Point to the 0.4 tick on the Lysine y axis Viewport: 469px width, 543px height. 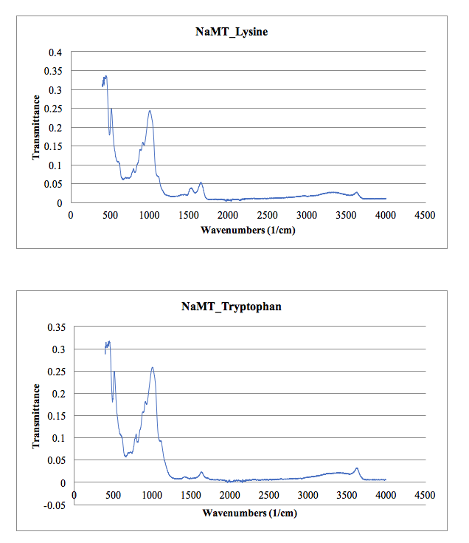(x=56, y=52)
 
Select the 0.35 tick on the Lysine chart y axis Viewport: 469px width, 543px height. (x=54, y=72)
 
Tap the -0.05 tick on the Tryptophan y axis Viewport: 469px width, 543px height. (x=52, y=505)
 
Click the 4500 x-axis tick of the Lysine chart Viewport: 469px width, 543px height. (x=424, y=215)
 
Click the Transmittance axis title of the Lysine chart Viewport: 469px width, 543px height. (x=36, y=127)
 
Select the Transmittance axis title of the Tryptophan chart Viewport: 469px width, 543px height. (x=36, y=416)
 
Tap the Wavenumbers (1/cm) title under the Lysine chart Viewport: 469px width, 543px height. (x=249, y=230)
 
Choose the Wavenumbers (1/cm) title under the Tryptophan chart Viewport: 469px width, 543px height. (x=249, y=511)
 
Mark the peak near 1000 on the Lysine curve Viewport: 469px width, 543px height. (x=150, y=111)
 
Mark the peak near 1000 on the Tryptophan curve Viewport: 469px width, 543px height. (x=152, y=367)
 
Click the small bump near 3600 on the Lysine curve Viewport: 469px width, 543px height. (x=356, y=192)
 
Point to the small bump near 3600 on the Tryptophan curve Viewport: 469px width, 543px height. (x=357, y=468)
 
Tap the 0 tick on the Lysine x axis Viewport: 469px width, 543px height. (x=71, y=215)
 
